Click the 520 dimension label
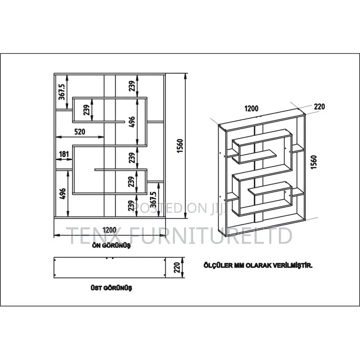pyautogui.click(x=80, y=131)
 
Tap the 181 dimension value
pyautogui.click(x=64, y=154)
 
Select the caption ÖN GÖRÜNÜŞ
pyautogui.click(x=111, y=245)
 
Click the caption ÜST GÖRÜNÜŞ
pyautogui.click(x=111, y=288)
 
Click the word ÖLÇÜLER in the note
pyautogui.click(x=218, y=265)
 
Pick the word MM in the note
pyautogui.click(x=239, y=266)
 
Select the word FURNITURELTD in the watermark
pyautogui.click(x=207, y=235)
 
